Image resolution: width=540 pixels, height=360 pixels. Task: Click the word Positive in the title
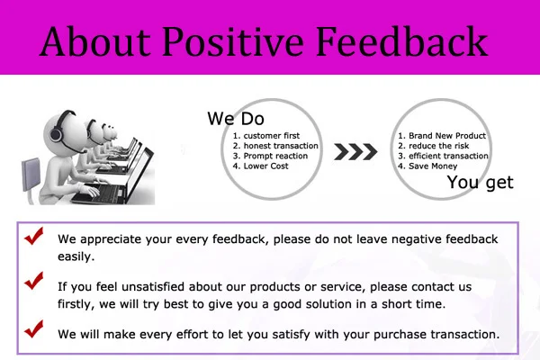click(x=233, y=41)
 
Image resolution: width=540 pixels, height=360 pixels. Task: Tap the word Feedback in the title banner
click(x=401, y=41)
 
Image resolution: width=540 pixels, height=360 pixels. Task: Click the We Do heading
click(x=236, y=119)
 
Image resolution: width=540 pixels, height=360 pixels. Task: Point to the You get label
click(x=480, y=182)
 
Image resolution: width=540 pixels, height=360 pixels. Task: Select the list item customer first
click(x=266, y=136)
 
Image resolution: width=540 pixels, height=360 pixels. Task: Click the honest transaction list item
click(x=275, y=146)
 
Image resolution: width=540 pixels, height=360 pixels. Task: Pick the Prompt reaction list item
click(x=270, y=156)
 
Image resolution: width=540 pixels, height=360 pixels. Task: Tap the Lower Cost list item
click(x=261, y=166)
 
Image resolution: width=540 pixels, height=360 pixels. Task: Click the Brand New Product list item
click(x=442, y=136)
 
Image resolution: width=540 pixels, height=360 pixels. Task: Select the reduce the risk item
click(x=434, y=146)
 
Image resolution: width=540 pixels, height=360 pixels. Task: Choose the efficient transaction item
click(x=443, y=156)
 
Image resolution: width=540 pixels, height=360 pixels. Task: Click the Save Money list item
click(x=427, y=166)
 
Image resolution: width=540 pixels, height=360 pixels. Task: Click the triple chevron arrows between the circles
click(x=355, y=152)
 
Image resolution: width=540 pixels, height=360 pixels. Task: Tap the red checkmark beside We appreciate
click(x=34, y=236)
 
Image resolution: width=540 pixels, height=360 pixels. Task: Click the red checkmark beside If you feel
click(x=34, y=281)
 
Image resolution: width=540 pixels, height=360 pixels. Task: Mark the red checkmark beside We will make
click(x=34, y=328)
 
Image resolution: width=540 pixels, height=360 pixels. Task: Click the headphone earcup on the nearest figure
click(x=56, y=134)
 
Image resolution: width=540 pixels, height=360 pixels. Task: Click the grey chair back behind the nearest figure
click(x=31, y=174)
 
